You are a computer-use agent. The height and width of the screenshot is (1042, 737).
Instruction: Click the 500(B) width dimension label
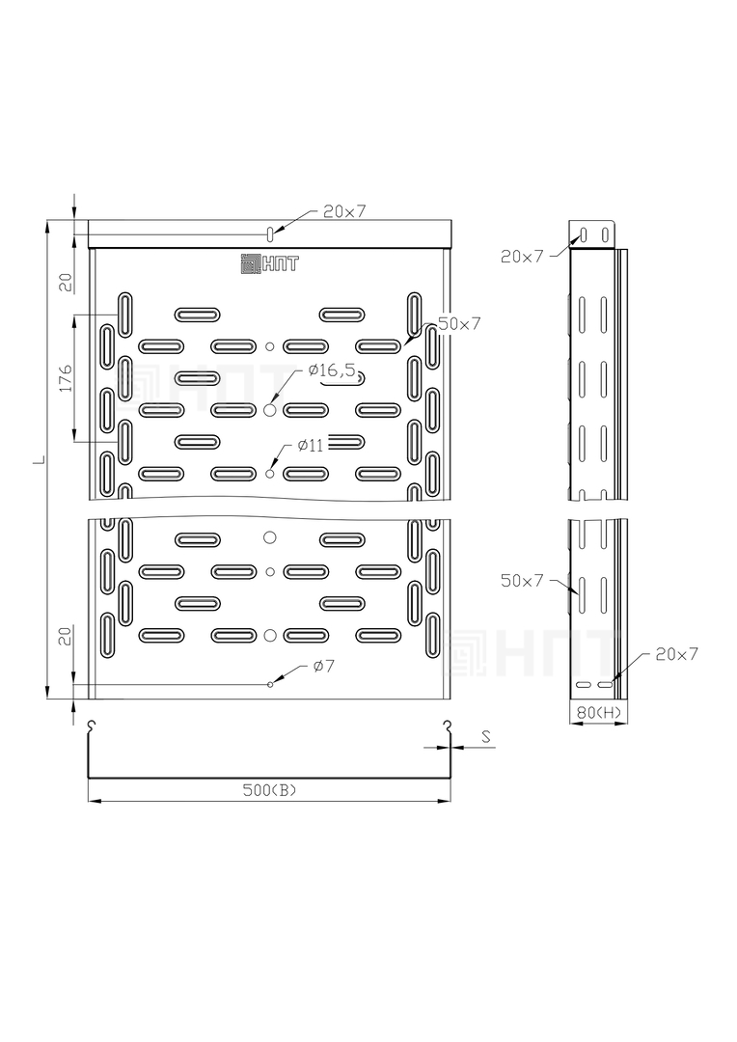click(269, 790)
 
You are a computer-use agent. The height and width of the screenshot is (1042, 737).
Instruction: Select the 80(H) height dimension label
click(599, 713)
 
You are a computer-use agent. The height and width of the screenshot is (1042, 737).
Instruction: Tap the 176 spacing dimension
click(66, 377)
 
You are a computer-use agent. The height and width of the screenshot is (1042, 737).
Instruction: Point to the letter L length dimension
click(40, 458)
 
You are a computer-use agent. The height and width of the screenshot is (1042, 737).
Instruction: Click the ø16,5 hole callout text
click(332, 370)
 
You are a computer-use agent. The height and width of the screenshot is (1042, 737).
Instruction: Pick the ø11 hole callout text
click(311, 445)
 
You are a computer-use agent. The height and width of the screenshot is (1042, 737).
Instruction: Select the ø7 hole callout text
click(323, 665)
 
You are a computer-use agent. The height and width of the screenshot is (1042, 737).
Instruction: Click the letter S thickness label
click(486, 736)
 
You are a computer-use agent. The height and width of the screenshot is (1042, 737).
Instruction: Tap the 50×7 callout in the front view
click(458, 324)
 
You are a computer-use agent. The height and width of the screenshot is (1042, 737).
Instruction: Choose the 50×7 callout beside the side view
click(522, 581)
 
